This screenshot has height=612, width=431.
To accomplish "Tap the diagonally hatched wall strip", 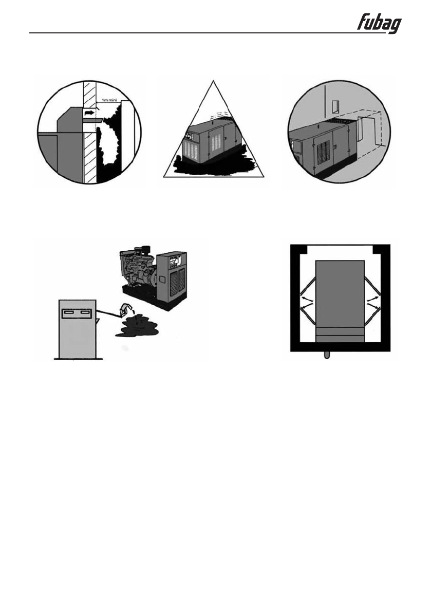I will (89, 149).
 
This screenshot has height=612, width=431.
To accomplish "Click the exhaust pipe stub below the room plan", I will (327, 355).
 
